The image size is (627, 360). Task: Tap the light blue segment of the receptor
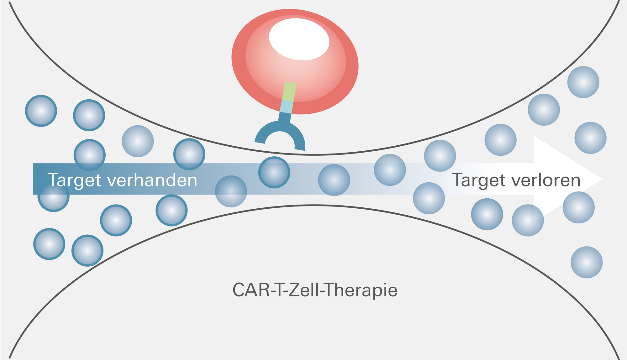pyautogui.click(x=286, y=107)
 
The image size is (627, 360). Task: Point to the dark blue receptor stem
pyautogui.click(x=285, y=118)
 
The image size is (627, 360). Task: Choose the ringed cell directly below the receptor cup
pyautogui.click(x=274, y=172)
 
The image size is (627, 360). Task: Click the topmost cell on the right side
pyautogui.click(x=583, y=82)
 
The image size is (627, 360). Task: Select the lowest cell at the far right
pyautogui.click(x=586, y=262)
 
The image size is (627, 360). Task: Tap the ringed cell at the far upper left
pyautogui.click(x=41, y=111)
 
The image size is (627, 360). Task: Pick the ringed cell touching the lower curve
pyautogui.click(x=87, y=251)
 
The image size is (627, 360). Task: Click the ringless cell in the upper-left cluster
pyautogui.click(x=138, y=141)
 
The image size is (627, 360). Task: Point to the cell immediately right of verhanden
pyautogui.click(x=231, y=191)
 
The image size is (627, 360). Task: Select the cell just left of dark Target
pyautogui.click(x=429, y=198)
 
